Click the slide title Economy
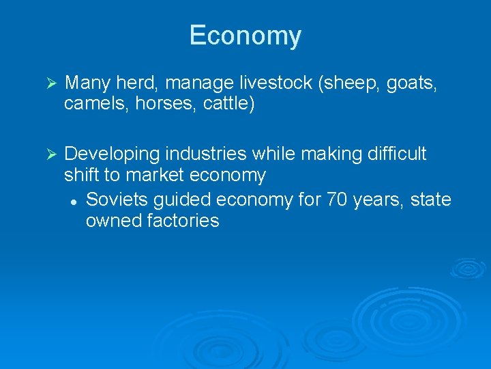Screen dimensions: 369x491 point(245,36)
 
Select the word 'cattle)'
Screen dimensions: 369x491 point(229,105)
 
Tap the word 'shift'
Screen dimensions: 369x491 point(82,175)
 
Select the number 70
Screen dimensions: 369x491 point(336,200)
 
